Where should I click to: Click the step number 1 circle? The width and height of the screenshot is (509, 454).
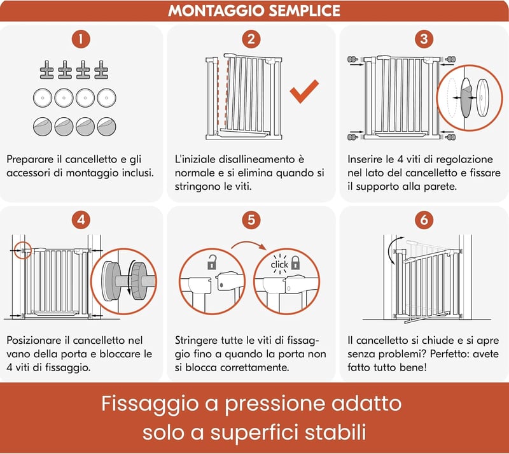[81, 39]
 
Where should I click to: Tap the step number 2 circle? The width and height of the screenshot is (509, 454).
[251, 39]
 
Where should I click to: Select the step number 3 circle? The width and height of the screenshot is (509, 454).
[424, 39]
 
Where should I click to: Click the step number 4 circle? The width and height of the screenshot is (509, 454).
[81, 220]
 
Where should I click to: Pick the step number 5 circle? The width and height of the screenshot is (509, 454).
[251, 220]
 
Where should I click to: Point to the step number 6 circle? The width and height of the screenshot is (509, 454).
[424, 220]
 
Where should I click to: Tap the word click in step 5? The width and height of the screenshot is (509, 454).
[279, 265]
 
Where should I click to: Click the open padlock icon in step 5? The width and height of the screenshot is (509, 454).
[212, 262]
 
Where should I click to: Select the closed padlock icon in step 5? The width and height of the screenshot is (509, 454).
[295, 263]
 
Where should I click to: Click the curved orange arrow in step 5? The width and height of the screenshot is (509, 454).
[249, 244]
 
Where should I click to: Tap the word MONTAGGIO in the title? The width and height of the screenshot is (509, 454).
[216, 11]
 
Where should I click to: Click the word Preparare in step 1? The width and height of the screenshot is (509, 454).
[29, 160]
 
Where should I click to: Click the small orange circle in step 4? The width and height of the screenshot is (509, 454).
[23, 250]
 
